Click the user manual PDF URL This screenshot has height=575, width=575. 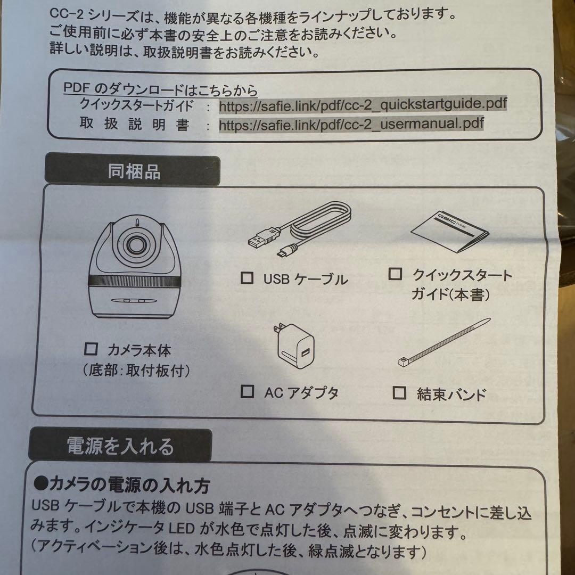point(351,124)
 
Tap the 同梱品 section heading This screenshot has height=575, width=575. point(134,171)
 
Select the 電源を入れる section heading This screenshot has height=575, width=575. point(120,446)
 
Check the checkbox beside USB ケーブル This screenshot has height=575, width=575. point(247,278)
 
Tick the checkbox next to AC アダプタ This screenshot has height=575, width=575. point(247,392)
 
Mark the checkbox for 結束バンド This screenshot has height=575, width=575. point(399,393)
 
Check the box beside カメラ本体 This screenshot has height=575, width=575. point(91,349)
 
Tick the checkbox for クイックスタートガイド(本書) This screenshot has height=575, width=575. point(395,274)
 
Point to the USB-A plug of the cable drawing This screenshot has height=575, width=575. point(261,239)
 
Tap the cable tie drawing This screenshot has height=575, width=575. point(444,342)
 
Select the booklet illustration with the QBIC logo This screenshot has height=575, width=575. point(449,232)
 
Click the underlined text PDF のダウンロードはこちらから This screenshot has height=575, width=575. point(161,89)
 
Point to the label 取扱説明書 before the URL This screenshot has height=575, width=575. point(134,124)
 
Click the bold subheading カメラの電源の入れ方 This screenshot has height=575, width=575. point(121,484)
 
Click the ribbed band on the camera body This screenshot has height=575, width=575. point(135,281)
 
